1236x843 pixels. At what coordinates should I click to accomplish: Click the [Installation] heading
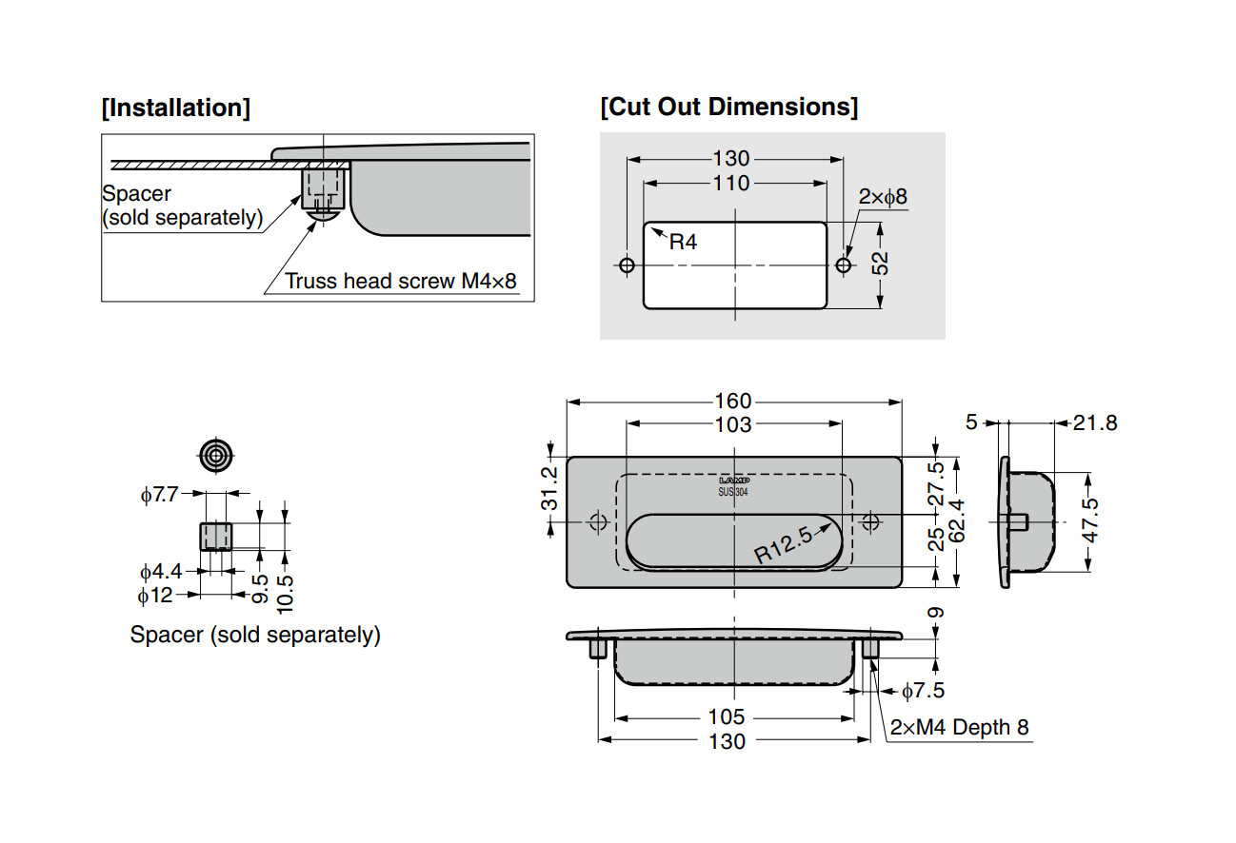(176, 108)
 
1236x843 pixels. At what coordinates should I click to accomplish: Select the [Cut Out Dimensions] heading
(728, 107)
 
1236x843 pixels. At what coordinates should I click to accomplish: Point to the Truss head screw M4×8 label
(401, 282)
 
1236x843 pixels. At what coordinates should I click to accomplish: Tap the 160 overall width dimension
(732, 402)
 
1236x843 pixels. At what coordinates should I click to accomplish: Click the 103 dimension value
(732, 424)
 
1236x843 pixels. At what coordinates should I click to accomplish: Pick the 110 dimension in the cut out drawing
(731, 183)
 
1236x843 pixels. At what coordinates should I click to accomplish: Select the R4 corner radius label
(683, 243)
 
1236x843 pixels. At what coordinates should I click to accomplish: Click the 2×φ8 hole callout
(883, 197)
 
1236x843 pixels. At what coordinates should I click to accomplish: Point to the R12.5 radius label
(785, 546)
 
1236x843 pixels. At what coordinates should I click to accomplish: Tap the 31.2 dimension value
(550, 488)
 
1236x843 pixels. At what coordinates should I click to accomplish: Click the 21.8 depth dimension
(1094, 422)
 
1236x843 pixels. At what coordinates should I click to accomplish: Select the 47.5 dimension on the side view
(1090, 521)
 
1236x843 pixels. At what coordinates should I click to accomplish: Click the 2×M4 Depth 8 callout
(960, 728)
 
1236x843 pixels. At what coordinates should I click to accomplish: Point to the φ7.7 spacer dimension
(159, 495)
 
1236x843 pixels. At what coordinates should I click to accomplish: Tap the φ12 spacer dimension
(155, 596)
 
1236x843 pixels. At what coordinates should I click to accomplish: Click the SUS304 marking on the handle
(732, 492)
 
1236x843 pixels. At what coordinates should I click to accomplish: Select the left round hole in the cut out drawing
(627, 265)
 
